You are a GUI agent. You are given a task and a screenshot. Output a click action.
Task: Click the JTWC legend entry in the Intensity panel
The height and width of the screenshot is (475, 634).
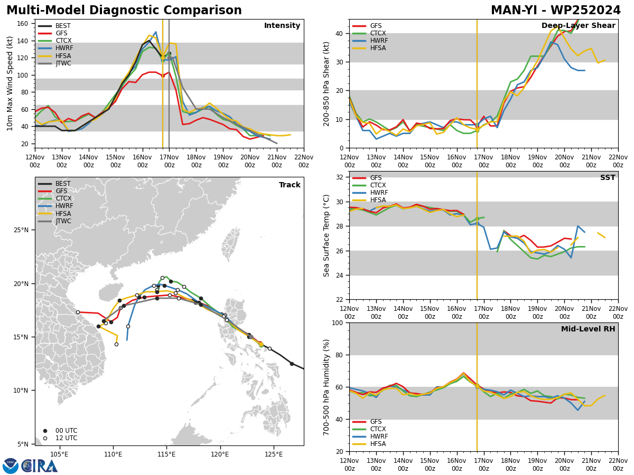[x=54, y=63]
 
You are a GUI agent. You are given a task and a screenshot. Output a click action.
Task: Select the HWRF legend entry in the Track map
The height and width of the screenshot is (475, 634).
[x=55, y=206]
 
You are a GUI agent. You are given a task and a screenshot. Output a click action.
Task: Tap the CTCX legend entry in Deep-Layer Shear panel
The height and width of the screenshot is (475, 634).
[x=369, y=33]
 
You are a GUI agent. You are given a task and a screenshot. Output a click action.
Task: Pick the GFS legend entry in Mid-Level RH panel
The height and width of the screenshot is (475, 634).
[x=367, y=422]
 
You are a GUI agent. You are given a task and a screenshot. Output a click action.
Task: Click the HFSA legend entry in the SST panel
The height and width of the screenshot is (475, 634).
[x=369, y=200]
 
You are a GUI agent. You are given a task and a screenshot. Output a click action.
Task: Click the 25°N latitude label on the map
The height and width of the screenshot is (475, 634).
[x=21, y=230]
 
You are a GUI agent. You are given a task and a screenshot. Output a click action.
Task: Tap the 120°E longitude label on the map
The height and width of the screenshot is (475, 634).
[x=220, y=455]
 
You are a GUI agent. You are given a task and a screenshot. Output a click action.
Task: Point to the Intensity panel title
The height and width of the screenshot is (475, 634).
[x=282, y=26]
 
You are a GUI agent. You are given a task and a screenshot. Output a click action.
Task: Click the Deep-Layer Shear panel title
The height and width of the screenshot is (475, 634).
[x=578, y=26]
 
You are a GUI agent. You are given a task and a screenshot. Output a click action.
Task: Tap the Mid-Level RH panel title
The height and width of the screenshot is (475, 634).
[x=588, y=329]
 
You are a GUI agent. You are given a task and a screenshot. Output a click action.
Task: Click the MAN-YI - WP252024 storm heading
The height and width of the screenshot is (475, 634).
[x=556, y=11]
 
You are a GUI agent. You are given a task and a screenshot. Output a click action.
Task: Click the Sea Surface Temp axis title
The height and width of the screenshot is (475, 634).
[x=326, y=235]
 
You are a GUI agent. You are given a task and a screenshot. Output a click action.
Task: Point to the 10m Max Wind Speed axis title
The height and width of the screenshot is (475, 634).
[x=10, y=83]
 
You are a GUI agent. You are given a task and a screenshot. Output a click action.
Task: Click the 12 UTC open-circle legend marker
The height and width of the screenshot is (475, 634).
[x=45, y=439]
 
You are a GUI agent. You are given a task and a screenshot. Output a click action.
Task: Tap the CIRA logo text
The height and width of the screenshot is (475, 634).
[x=40, y=466]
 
